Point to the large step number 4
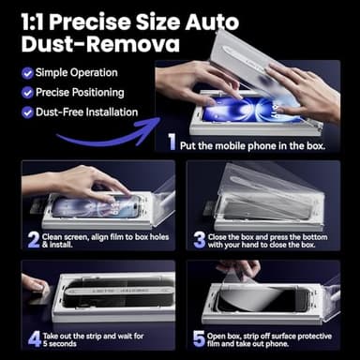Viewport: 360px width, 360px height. [x=33, y=338]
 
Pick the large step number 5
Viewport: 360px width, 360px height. [x=198, y=338]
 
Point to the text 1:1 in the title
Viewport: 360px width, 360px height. [x=36, y=19]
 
